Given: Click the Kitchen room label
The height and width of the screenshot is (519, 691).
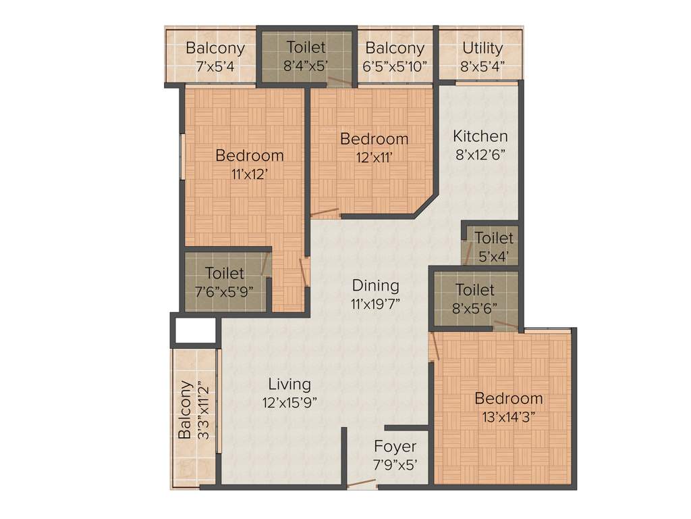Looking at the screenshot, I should point(480,136).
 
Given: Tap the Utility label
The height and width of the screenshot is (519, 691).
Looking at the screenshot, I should point(482,48).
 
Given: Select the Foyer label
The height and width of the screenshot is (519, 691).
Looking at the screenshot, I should point(395,447).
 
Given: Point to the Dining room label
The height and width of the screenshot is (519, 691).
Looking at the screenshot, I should point(376,285).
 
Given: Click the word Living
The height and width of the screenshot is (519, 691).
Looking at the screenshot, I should point(289,384).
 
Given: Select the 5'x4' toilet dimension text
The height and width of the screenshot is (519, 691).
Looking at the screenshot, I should point(493,256).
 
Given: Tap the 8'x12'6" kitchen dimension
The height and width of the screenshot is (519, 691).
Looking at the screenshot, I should point(480,153).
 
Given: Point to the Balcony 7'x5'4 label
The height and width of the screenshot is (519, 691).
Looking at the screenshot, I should point(215,48).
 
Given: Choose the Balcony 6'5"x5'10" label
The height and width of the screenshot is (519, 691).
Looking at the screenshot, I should point(395,48).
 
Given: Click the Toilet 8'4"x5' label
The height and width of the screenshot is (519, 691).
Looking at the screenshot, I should point(306,47).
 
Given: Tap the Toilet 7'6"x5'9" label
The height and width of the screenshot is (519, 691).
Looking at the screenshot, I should point(225,273).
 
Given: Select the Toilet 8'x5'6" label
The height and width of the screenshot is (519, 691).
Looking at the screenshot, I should point(474,290).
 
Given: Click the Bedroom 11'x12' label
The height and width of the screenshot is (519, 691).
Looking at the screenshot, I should point(249,155).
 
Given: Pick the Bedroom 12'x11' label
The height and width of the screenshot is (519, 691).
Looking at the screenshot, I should point(374,139).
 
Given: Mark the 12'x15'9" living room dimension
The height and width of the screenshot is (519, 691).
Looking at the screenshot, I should point(289,401).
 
